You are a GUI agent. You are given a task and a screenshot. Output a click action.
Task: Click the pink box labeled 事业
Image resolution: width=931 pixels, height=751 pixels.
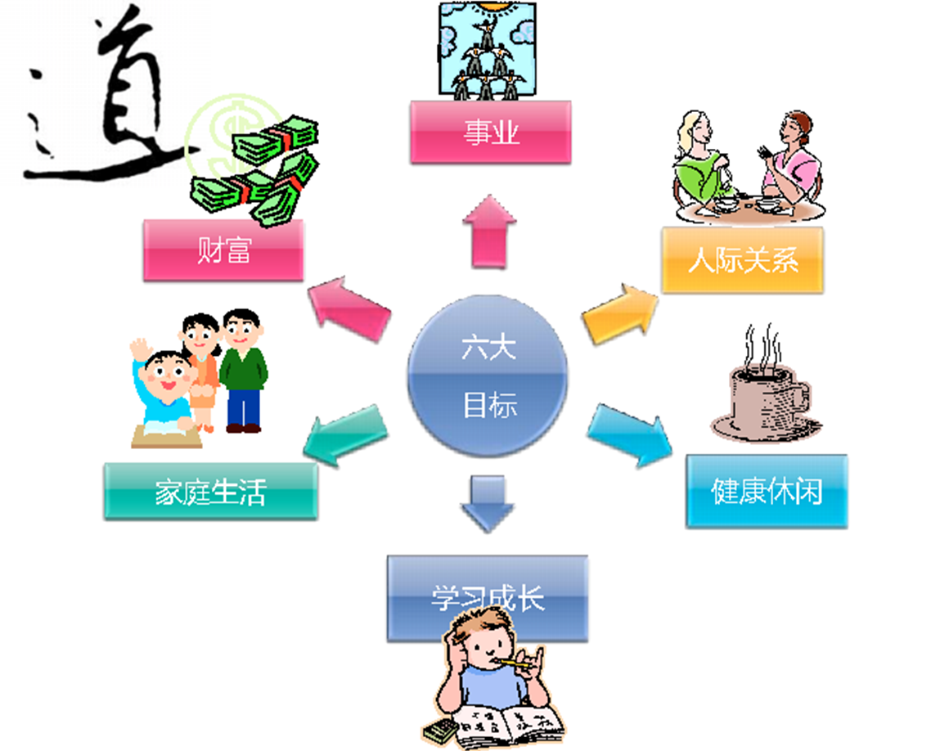coord(489,133)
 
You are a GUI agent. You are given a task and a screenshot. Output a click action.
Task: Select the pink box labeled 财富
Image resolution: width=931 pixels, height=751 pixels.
coord(223,250)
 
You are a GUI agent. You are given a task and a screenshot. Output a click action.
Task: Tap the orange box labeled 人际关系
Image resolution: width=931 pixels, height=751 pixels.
coord(741,261)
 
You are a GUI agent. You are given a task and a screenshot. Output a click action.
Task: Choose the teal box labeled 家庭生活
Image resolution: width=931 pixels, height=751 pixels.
coord(210,491)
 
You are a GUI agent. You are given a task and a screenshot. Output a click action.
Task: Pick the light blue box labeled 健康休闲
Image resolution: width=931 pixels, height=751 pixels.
coord(767,492)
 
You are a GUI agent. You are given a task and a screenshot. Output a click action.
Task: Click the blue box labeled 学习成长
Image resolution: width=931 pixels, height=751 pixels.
coord(488,598)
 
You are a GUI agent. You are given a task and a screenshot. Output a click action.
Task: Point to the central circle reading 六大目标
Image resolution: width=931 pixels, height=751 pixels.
coord(488,377)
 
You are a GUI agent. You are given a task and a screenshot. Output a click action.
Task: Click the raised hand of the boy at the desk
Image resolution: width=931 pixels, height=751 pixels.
coord(141,349)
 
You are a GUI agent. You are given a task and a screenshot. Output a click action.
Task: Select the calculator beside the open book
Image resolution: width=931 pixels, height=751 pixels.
coord(439,731)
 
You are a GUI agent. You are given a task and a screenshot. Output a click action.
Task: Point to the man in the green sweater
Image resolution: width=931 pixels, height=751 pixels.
coord(243,368)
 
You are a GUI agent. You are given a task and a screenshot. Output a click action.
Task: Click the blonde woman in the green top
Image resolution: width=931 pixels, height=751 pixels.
coord(699,164)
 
